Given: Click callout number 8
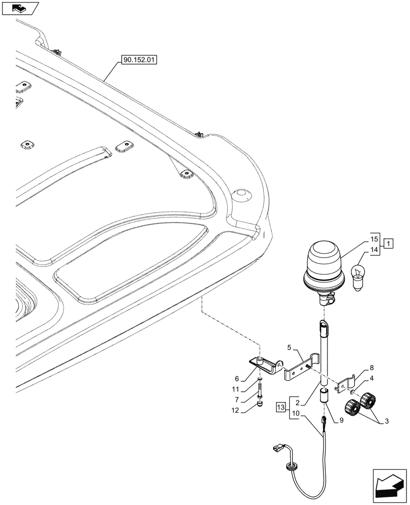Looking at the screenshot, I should point(371,368).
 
